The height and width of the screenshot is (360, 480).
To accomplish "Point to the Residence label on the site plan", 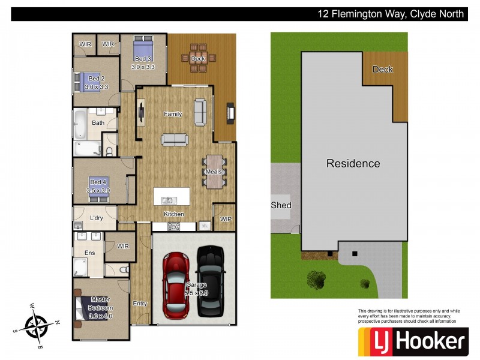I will point(353,163).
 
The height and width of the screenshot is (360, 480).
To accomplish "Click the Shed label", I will point(281,205).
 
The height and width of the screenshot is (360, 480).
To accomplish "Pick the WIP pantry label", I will point(226,220).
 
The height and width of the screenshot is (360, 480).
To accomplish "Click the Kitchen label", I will point(174,214).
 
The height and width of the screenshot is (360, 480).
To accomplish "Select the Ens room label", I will point(89,253).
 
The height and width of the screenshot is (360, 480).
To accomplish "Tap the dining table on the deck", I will point(198,58).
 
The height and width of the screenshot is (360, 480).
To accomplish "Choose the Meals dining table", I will point(214,172).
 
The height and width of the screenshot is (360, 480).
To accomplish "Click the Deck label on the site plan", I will point(382,70).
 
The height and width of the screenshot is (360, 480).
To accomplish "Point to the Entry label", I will point(140,304).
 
